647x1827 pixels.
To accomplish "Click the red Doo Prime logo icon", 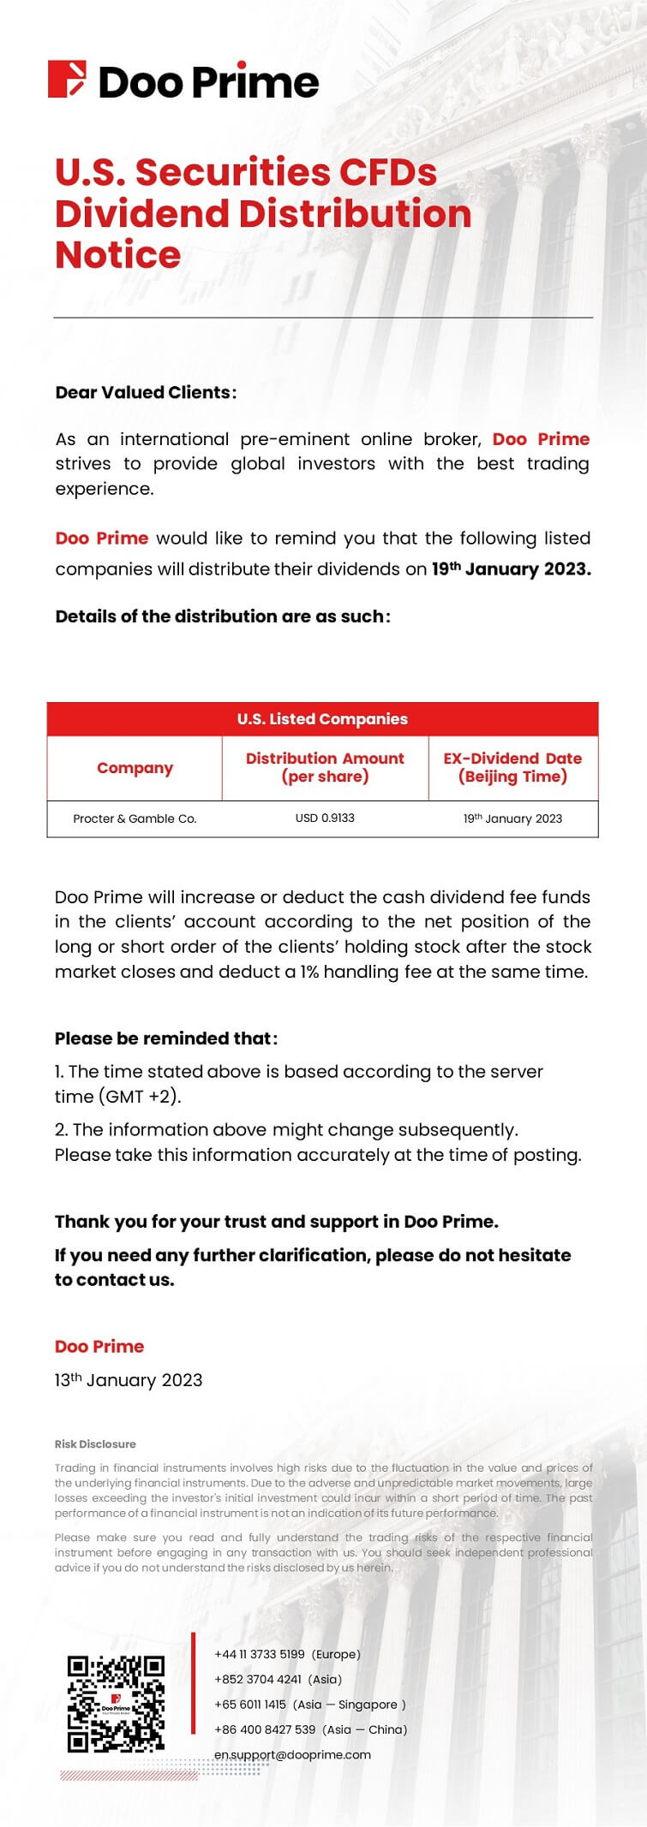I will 67,79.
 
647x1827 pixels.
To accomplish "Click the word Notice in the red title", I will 118,255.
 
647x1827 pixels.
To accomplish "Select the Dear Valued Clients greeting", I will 146,393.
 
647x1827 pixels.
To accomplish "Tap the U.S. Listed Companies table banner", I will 322,719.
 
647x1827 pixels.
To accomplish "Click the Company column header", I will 135,768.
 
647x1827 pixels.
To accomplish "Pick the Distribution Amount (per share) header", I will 325,768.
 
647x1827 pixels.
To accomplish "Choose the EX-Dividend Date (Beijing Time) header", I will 512,768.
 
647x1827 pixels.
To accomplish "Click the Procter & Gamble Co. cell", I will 135,818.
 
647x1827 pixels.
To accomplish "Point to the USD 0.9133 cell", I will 325,818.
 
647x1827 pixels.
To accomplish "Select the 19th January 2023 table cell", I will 512,818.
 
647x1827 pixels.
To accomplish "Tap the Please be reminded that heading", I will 165,1038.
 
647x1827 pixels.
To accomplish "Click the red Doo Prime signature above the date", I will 99,1347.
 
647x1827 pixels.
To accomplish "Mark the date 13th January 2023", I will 129,1380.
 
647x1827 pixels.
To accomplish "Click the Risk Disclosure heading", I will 95,1444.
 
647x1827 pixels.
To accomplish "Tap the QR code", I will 116,1704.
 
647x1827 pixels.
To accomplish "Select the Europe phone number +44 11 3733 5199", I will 260,1654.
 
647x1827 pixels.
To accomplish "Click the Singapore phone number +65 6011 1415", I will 250,1705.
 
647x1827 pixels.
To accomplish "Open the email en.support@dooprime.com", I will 292,1754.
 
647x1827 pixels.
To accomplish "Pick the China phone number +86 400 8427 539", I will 265,1729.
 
